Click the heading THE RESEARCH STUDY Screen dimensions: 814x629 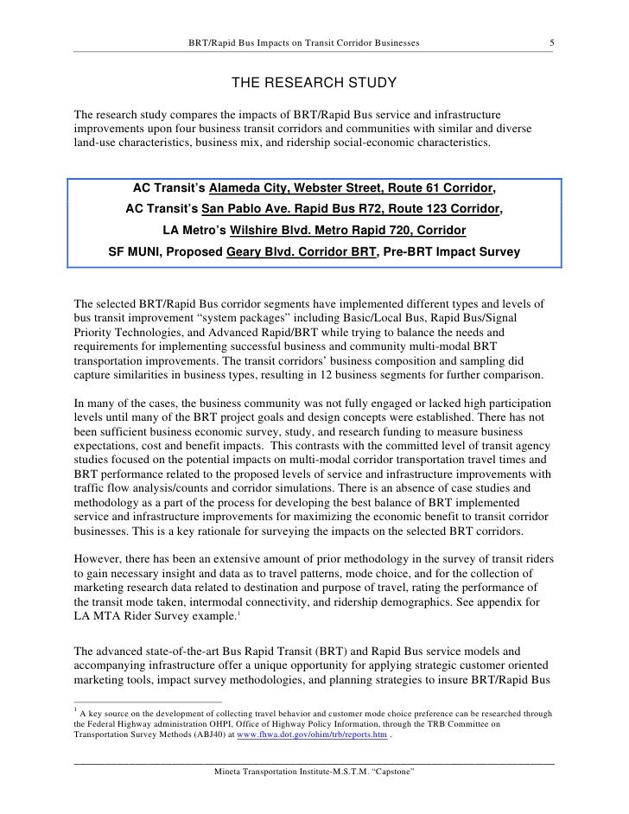pyautogui.click(x=314, y=84)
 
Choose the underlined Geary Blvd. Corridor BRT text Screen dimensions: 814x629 pyautogui.click(x=300, y=253)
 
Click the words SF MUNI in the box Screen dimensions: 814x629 pyautogui.click(x=135, y=253)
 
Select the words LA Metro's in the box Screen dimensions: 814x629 pyautogui.click(x=192, y=232)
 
